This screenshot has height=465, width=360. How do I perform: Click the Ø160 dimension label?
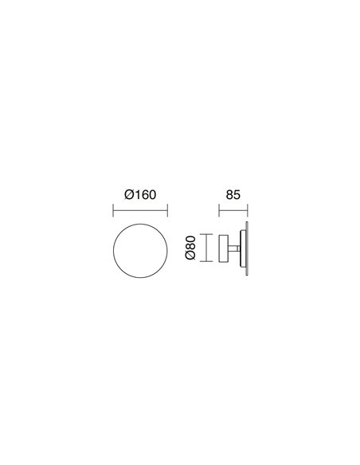coord(140,195)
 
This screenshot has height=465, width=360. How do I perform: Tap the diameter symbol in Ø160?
coord(129,195)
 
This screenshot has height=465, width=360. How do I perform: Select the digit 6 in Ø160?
coord(144,195)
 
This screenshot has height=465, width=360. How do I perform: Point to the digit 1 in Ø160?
coord(137,195)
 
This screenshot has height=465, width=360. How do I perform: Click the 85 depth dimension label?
coord(233,195)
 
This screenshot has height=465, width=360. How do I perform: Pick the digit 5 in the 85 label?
coord(237,195)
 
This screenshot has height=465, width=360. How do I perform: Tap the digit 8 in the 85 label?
coord(229,195)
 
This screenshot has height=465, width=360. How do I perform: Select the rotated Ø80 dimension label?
coord(190,248)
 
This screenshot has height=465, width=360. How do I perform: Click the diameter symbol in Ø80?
coord(190,256)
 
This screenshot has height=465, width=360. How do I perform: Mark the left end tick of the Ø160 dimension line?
coord(113,210)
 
